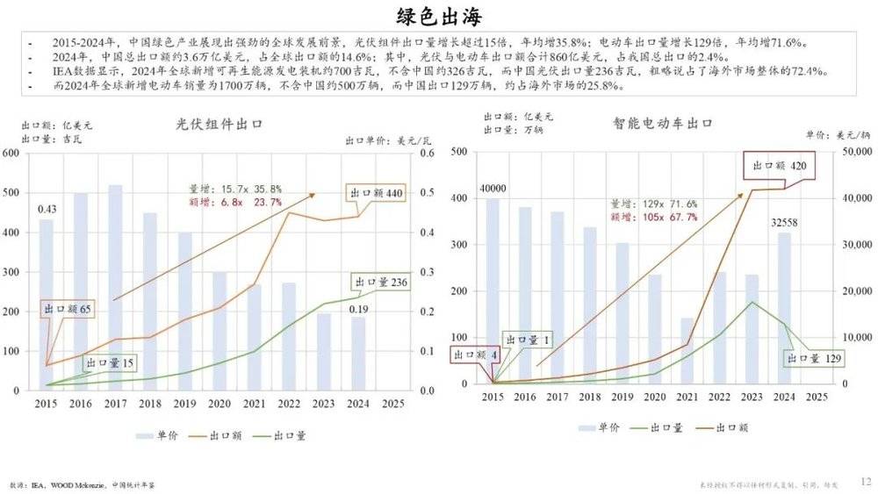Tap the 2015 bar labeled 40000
point(493,290)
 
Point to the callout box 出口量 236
point(382,282)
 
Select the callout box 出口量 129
point(813,358)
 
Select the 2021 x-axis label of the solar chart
point(254,404)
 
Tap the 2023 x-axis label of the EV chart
point(752,397)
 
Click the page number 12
point(866,481)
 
